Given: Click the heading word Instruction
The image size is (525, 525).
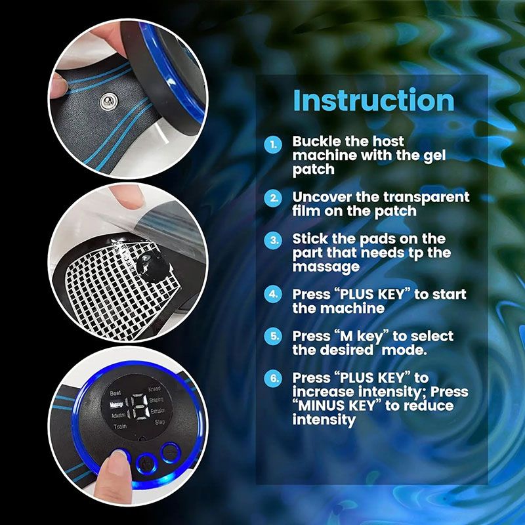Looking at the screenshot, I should (373, 100).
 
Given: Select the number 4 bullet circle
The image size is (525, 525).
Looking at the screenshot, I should (272, 294).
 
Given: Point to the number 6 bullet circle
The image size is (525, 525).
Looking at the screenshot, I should (272, 379).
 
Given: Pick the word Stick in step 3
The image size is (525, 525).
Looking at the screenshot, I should (308, 238).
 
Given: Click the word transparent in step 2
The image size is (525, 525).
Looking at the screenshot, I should (429, 197).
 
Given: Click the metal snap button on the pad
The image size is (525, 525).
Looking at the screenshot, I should (106, 99).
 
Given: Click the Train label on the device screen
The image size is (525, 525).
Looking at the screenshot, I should (120, 427).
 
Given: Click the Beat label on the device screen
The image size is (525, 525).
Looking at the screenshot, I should (116, 392).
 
